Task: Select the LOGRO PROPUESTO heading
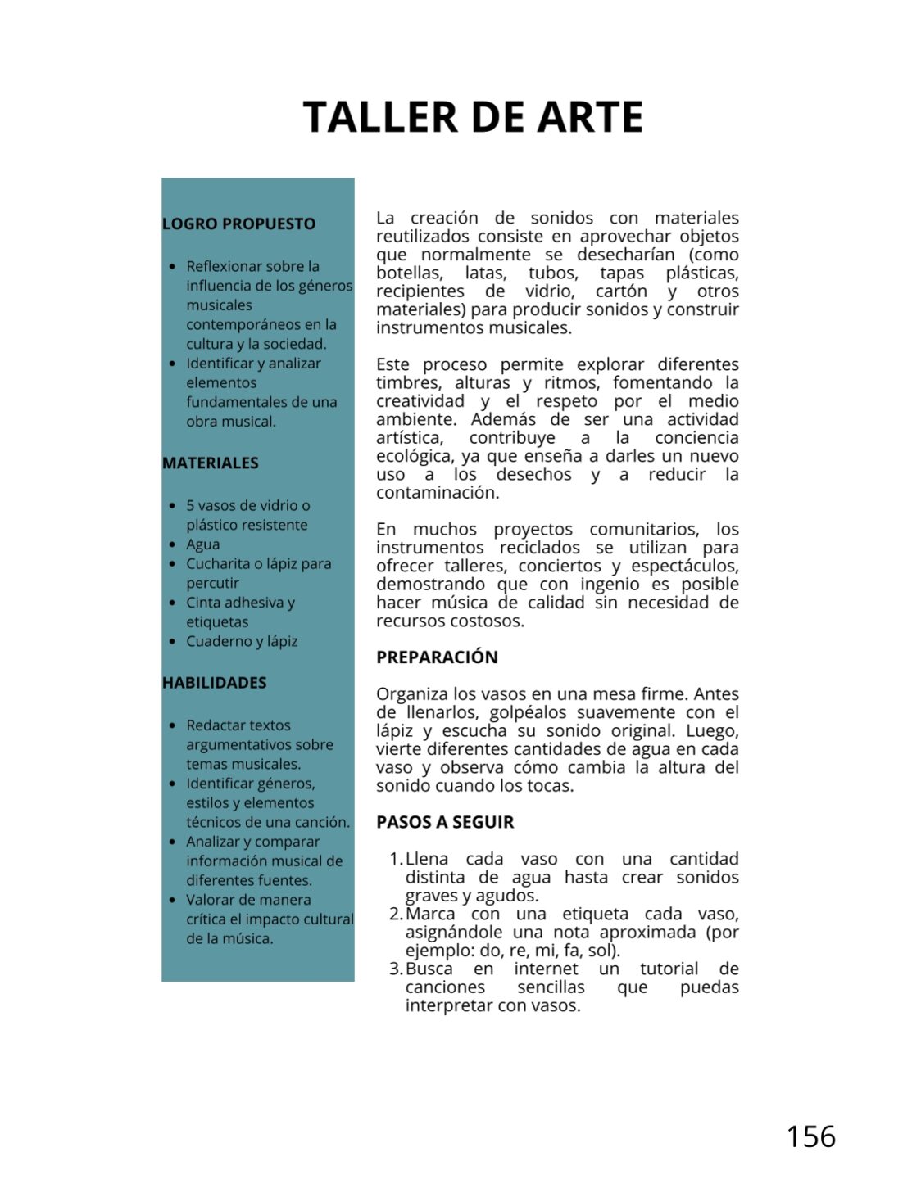tap(238, 224)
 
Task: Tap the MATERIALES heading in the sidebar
tap(210, 463)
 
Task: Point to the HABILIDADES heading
tap(214, 682)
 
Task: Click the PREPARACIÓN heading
tap(437, 657)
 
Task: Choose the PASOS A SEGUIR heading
tap(445, 822)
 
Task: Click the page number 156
tap(810, 1136)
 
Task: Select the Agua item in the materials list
tap(202, 544)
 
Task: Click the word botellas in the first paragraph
tap(409, 273)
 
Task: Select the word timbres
tap(406, 382)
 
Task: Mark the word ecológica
tap(413, 456)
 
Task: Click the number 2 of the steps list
tap(395, 914)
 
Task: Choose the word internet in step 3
tap(546, 969)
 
